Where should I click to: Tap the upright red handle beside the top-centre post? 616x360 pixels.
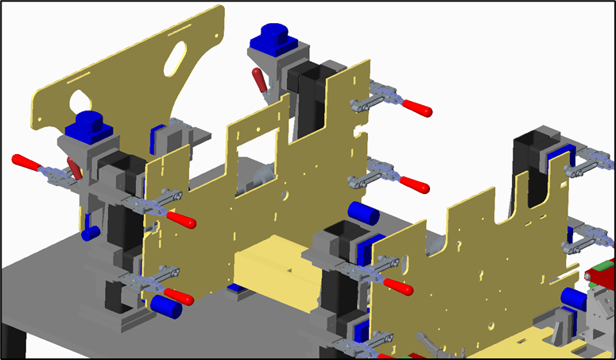click(260, 81)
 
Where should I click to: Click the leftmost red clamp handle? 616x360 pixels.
click(26, 163)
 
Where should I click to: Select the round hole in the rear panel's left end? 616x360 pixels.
click(79, 102)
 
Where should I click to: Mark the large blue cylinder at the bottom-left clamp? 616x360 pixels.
click(166, 306)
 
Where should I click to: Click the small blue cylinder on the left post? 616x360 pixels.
click(90, 233)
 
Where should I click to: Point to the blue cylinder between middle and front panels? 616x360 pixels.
click(362, 213)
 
